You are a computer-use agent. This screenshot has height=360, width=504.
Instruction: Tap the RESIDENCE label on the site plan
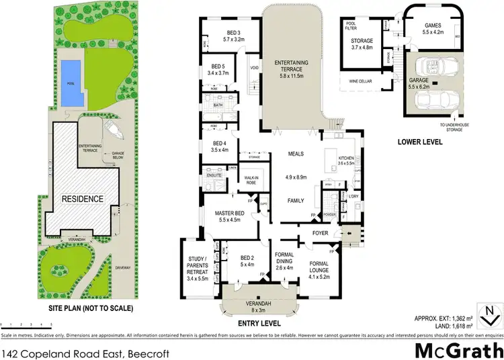pos(83,199)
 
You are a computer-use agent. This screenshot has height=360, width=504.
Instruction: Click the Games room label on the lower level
pos(434,28)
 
